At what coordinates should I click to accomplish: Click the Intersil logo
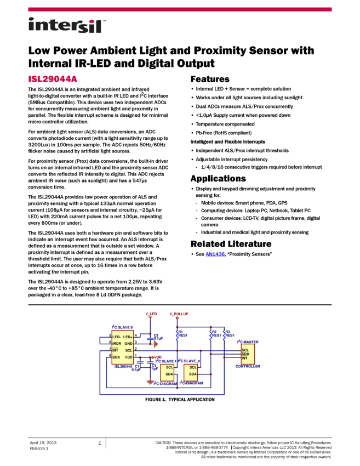(67, 26)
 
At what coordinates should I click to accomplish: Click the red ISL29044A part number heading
(53, 79)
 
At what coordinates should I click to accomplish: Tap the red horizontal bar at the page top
(180, 9)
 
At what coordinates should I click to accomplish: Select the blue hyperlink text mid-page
(215, 254)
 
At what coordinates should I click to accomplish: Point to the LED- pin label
(116, 337)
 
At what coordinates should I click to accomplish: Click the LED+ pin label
(128, 337)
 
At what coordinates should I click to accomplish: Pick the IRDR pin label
(116, 343)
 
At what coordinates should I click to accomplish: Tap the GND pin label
(128, 343)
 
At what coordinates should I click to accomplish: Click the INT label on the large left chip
(115, 350)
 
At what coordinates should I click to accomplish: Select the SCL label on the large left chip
(128, 350)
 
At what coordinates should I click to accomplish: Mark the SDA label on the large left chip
(116, 357)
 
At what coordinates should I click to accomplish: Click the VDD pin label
(128, 357)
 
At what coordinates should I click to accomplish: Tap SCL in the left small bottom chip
(169, 367)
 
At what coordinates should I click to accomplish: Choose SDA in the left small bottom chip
(169, 374)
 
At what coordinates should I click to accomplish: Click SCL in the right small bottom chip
(193, 367)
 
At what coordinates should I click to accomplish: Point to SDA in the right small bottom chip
(193, 374)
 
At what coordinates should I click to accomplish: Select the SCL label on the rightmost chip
(245, 350)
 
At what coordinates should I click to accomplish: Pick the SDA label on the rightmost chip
(245, 354)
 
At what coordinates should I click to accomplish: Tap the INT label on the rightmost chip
(244, 358)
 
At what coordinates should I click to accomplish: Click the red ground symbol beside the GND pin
(156, 344)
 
